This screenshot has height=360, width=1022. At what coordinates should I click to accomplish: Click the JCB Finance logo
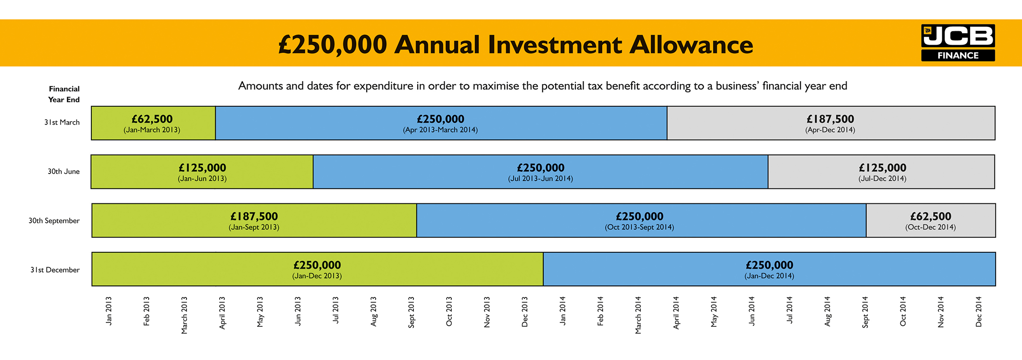coord(958,43)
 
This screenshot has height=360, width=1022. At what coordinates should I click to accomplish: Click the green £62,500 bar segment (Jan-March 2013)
coord(153,123)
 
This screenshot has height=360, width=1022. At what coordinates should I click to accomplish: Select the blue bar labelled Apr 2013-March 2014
coord(441,123)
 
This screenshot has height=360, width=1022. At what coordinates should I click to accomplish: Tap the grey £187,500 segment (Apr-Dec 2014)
coord(830,123)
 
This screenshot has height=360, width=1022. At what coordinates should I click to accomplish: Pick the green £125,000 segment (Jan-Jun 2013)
coord(202,172)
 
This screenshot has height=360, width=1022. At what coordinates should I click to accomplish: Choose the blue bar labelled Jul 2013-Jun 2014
coord(540,172)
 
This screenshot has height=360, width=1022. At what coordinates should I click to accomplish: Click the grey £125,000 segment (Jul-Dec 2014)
coord(882,172)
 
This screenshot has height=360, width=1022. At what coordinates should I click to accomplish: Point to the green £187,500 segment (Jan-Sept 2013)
coord(254,221)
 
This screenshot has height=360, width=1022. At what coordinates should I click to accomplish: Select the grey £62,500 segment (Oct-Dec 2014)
coord(930,221)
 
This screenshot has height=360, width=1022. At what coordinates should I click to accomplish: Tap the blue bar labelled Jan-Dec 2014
coord(769,269)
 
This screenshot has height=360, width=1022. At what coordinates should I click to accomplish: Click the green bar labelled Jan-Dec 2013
coord(317,269)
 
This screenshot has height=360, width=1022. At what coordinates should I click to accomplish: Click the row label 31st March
coord(62,123)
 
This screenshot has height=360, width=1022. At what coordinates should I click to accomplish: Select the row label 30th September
coord(54,221)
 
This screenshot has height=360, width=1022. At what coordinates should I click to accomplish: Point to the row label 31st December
coord(55,270)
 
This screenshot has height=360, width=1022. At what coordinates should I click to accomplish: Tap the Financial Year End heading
coord(64,94)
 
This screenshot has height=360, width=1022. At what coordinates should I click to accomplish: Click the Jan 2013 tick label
coord(109,311)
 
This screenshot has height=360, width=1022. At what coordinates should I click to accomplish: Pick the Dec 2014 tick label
coord(979,312)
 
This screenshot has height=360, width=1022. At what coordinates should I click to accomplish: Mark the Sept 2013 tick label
coord(411,312)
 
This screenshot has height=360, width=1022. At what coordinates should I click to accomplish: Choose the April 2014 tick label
coord(676,313)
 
